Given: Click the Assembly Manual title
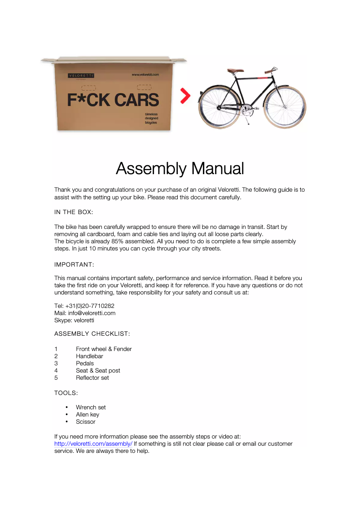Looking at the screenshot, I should (180, 169).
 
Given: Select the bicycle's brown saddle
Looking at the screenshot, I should (235, 70).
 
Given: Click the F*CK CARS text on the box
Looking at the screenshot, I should (113, 100).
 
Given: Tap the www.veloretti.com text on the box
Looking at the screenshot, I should (145, 75).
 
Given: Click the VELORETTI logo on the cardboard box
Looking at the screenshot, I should (81, 75).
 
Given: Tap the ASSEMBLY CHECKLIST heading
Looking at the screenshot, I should (92, 334).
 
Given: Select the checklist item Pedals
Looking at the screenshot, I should (85, 363).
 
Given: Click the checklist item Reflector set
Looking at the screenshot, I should (92, 377).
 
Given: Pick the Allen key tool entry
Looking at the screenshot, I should (88, 414).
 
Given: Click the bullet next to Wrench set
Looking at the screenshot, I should (67, 408).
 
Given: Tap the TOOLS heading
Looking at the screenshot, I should (66, 393).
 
